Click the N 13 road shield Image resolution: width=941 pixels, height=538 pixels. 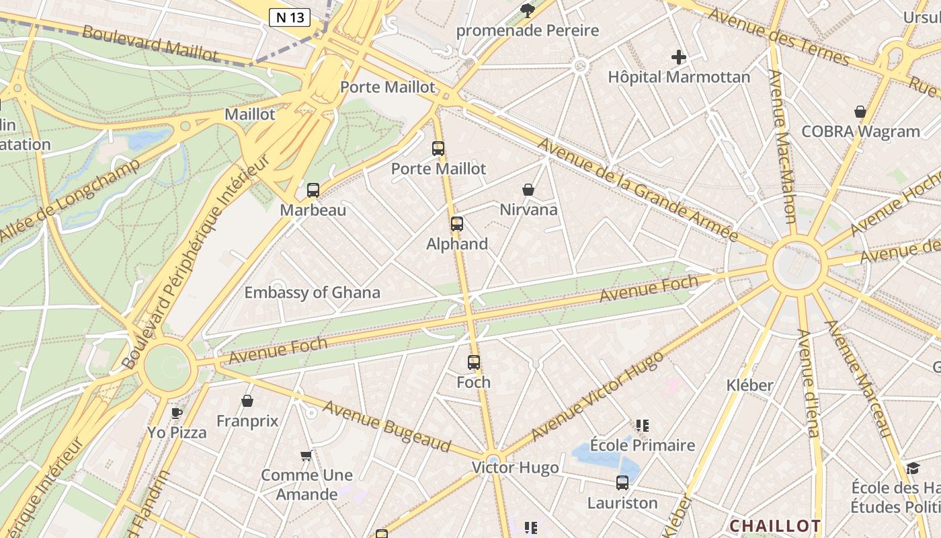click(x=290, y=17)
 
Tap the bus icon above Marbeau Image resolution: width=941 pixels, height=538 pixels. click(x=313, y=190)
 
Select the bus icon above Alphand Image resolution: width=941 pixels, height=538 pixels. click(x=457, y=223)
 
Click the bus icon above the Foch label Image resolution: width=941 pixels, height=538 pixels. click(x=474, y=362)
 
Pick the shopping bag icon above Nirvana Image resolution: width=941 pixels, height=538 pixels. click(x=528, y=190)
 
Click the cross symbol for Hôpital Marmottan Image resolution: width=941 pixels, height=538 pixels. click(x=679, y=57)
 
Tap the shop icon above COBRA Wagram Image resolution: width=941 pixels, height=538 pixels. click(x=860, y=112)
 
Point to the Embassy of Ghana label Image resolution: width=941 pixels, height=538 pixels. click(x=312, y=293)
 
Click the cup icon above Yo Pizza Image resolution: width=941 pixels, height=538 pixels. click(x=177, y=412)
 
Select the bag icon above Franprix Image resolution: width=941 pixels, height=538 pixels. click(x=247, y=401)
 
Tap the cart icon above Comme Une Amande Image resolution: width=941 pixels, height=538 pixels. click(x=306, y=455)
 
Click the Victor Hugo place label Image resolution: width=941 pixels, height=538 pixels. click(x=515, y=467)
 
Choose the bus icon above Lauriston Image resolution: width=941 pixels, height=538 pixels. click(x=622, y=482)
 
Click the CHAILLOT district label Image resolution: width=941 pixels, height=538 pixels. click(x=775, y=525)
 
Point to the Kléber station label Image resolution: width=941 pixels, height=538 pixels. click(x=750, y=385)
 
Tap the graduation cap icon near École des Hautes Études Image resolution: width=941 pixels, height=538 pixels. click(x=913, y=468)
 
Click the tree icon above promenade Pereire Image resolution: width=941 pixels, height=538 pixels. click(x=528, y=10)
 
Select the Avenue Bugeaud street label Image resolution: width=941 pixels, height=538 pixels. click(x=386, y=426)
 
